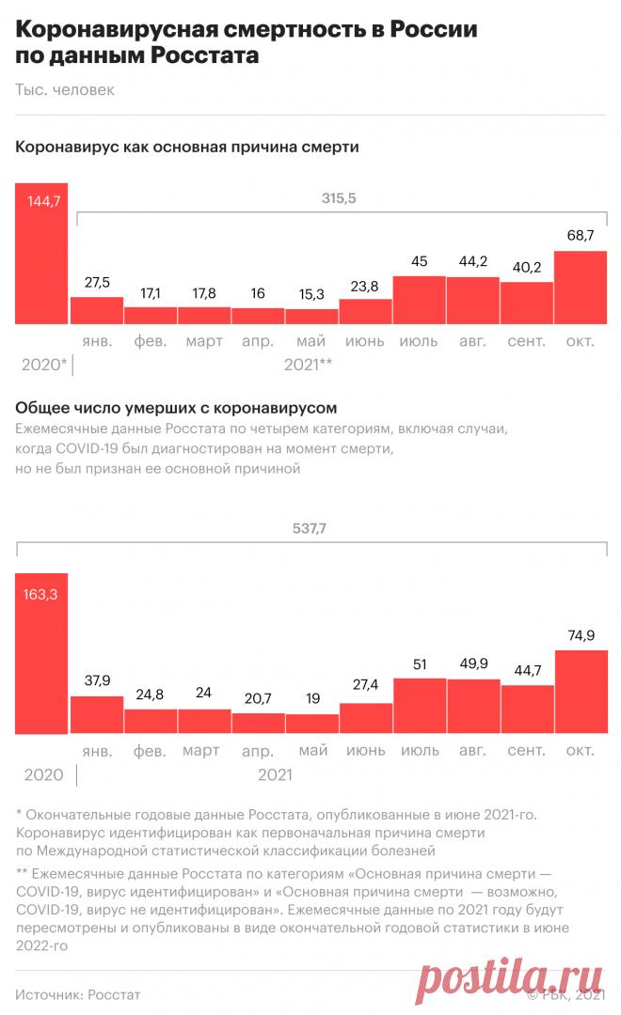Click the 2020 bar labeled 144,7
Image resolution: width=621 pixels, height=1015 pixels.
41,254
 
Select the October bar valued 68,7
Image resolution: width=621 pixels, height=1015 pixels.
581,288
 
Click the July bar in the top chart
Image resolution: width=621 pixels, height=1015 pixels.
419,300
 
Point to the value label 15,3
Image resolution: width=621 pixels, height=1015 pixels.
311,293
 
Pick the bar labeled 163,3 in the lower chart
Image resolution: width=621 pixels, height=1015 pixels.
41,653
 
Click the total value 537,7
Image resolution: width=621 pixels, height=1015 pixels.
311,528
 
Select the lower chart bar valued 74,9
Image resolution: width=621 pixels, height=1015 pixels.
581,692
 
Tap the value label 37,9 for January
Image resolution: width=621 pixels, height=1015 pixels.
97,680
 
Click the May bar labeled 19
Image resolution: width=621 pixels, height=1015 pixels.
311,724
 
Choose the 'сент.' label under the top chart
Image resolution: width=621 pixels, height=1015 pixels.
526,341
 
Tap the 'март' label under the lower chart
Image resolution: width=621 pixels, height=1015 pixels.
202,750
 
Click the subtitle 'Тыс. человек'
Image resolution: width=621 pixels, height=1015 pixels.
65,90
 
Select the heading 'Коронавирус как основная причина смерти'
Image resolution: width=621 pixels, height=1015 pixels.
187,148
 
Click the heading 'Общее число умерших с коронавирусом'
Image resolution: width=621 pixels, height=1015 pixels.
177,408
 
